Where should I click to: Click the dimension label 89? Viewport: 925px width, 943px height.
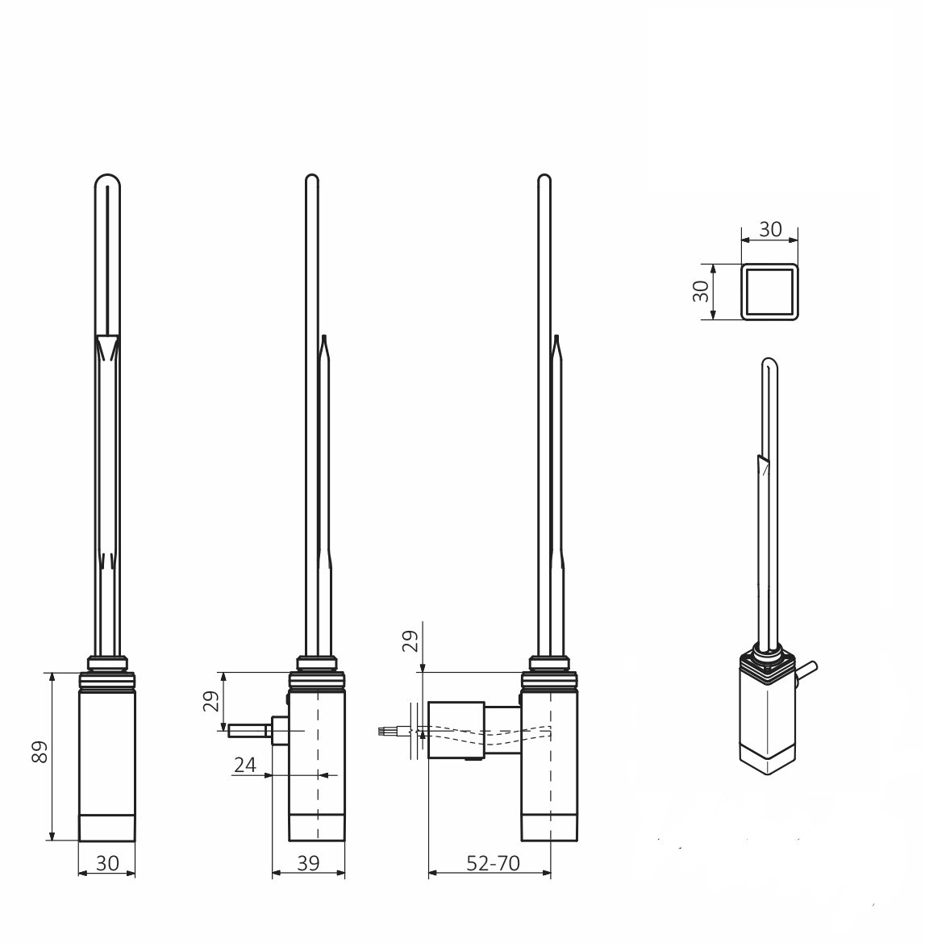coord(40,752)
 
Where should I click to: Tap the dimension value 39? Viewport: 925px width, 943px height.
coord(309,863)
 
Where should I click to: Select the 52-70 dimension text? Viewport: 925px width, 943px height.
coord(494,863)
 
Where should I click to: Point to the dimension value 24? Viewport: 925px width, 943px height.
coord(245,765)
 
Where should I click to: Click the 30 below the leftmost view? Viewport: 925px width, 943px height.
coord(107,863)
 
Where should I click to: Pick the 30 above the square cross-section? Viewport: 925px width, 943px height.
coord(770,229)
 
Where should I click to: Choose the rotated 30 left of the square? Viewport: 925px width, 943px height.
coord(702,292)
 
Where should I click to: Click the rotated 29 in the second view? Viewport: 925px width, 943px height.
coord(211,701)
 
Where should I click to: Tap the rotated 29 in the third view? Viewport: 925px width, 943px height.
coord(410,641)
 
